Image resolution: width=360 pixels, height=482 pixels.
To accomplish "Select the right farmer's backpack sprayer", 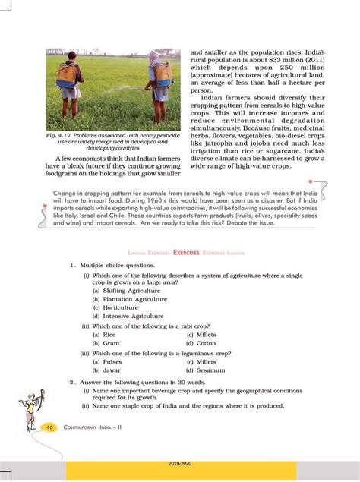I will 161,74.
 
